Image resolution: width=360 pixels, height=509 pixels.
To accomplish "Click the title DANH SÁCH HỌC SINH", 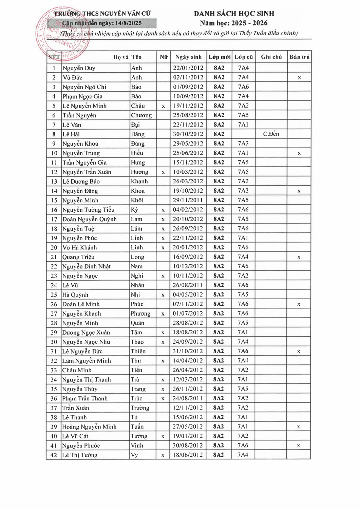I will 234,14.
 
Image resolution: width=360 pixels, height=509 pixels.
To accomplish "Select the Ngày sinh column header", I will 188,57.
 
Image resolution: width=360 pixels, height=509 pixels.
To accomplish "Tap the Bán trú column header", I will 299,57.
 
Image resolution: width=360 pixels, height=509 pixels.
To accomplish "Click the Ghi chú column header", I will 271,57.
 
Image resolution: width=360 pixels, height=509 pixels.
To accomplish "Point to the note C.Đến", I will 271,134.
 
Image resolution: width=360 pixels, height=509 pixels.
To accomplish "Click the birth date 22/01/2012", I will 188,68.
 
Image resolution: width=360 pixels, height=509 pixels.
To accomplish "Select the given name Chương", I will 141,115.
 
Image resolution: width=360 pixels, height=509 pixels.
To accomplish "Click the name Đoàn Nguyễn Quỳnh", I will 89,219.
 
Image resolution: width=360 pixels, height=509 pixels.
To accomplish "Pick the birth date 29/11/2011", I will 188,200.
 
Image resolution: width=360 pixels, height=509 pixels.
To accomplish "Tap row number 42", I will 54,455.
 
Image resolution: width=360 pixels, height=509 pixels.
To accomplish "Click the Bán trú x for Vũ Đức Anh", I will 299,78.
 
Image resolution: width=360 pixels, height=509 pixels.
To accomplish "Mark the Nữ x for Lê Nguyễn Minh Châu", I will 163,106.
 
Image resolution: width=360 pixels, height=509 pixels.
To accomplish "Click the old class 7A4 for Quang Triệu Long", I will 243,257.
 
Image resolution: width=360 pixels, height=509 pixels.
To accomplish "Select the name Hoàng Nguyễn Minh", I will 89,427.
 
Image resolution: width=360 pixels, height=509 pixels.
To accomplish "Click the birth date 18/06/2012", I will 188,455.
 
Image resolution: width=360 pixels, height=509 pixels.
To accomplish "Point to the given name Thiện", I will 138,351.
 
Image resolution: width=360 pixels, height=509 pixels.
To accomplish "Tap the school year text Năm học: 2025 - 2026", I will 234,23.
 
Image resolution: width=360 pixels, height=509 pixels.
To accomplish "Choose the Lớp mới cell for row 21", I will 219,257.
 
